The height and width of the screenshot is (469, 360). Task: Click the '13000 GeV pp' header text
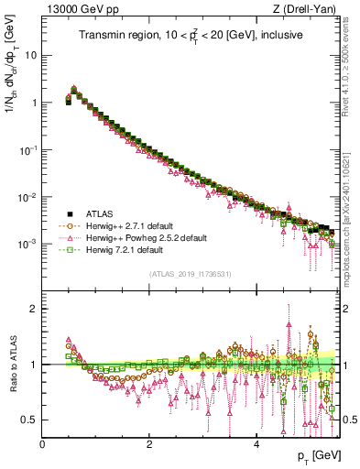coord(75,9)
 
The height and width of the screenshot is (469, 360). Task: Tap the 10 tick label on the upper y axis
coord(30,55)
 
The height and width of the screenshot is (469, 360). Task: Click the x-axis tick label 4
coord(256,444)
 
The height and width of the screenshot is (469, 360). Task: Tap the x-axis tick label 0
coord(42,444)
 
